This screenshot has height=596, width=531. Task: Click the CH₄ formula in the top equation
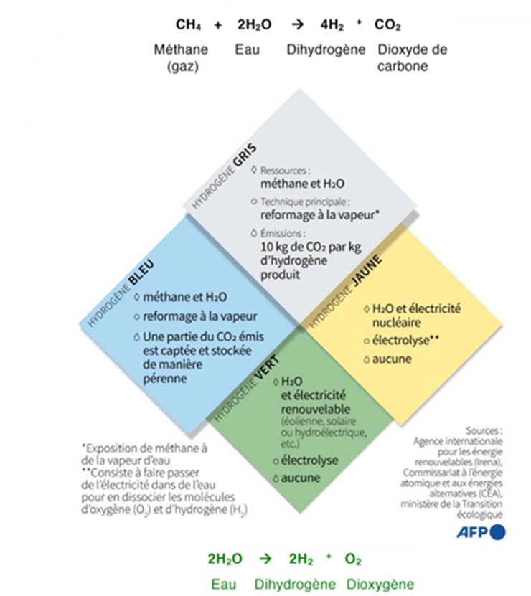point(188,25)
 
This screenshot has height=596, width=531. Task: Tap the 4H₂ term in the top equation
point(333,25)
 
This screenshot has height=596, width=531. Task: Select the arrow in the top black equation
point(297,25)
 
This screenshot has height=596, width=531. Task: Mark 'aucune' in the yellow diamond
point(392,358)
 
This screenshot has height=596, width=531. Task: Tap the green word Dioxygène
point(380,584)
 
